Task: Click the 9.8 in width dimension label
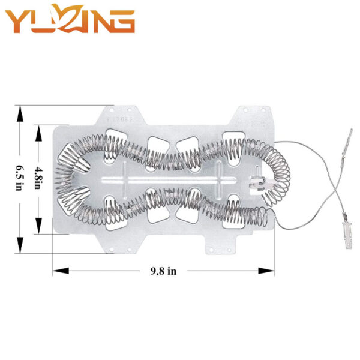point(163,271)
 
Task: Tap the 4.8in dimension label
point(38,178)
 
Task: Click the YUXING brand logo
point(70,19)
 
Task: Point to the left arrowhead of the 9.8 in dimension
point(61,271)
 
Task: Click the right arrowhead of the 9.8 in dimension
point(266,271)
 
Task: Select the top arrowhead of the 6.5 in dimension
point(20,113)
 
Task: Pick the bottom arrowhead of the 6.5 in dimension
point(20,245)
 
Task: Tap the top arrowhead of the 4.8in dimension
point(38,133)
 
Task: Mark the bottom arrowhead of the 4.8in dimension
point(38,226)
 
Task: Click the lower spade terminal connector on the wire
point(347,235)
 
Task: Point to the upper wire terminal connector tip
point(351,130)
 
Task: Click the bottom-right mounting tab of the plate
point(221,245)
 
